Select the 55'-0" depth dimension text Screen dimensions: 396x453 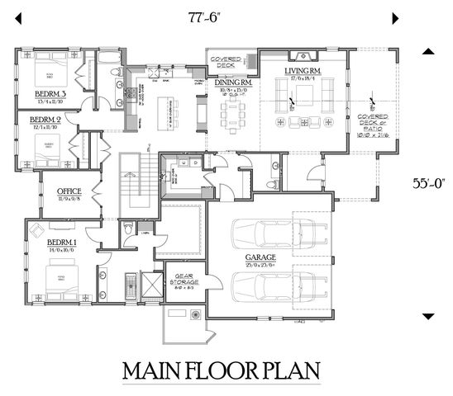point(429,184)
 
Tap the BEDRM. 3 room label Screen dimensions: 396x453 point(50,94)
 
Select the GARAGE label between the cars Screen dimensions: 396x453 point(260,257)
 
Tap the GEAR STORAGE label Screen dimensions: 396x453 point(184,282)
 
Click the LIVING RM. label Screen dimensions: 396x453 point(303,72)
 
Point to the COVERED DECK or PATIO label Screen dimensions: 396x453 point(371,123)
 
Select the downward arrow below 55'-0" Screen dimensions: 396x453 point(429,316)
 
